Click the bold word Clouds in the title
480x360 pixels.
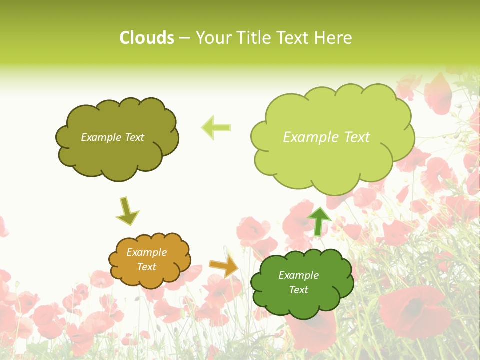point(147,38)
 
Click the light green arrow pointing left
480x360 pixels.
point(216,127)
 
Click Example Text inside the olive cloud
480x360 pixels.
point(112,137)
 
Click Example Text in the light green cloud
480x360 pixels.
point(326,137)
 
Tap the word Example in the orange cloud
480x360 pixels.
point(146,252)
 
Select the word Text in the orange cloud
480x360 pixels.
point(146,267)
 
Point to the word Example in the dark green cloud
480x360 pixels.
point(298,275)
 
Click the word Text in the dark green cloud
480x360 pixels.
point(298,290)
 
